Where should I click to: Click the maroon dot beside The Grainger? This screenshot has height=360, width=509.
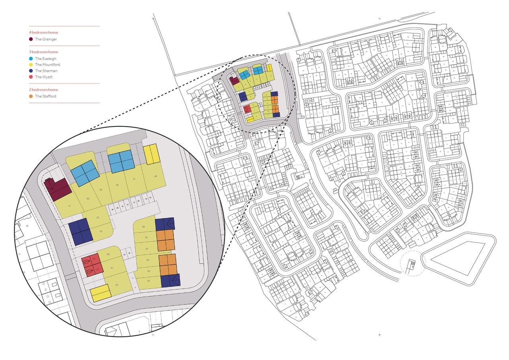31,39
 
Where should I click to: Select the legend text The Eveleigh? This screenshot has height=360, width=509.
45,59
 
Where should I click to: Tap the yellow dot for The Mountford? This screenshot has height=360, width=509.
31,65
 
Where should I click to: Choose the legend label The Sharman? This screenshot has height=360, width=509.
46,71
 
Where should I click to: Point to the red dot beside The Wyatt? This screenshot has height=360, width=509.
31,77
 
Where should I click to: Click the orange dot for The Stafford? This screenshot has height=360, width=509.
31,96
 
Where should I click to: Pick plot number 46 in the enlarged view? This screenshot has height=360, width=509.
155,176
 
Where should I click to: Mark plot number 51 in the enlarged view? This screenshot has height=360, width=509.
70,206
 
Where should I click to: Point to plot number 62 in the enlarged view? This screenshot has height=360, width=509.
117,285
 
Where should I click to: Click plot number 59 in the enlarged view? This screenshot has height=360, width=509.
144,227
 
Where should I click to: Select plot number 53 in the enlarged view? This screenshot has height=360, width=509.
101,231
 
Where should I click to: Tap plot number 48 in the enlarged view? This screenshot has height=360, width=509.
117,185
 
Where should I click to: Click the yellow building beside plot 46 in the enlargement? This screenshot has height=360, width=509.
151,154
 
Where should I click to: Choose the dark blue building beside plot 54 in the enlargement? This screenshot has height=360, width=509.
170,280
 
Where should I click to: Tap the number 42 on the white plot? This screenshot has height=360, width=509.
27,226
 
